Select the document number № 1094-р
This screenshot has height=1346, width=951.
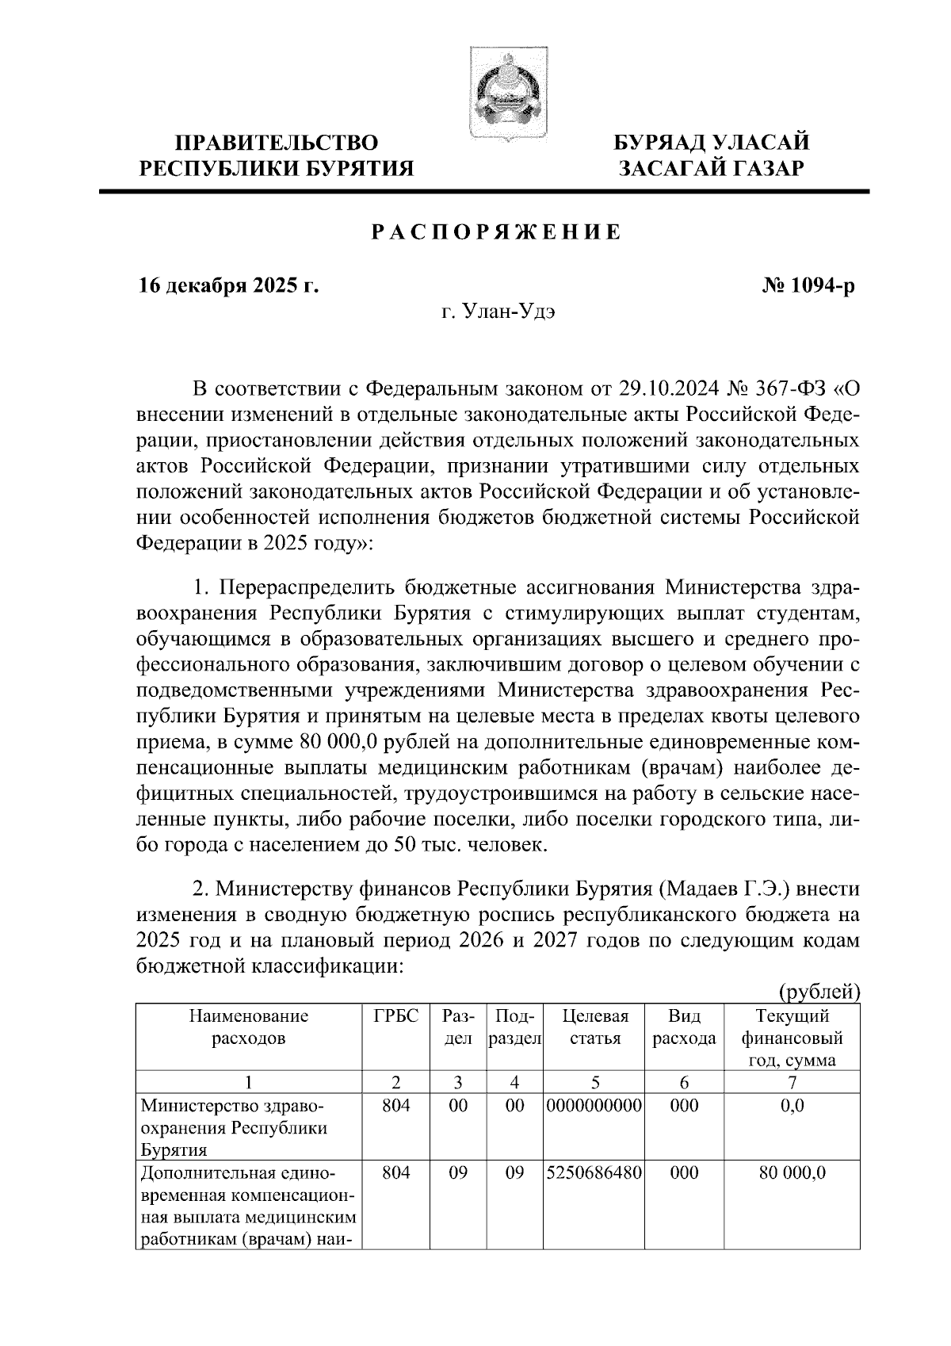(x=807, y=285)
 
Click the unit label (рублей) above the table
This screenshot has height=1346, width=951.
(x=819, y=992)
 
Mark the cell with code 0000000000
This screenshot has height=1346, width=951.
(x=594, y=1105)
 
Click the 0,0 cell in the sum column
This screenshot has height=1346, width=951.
(x=792, y=1105)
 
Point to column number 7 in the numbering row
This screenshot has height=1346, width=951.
(x=792, y=1082)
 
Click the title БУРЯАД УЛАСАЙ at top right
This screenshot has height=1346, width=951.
(x=712, y=143)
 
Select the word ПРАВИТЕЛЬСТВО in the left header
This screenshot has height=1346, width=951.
(x=277, y=143)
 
